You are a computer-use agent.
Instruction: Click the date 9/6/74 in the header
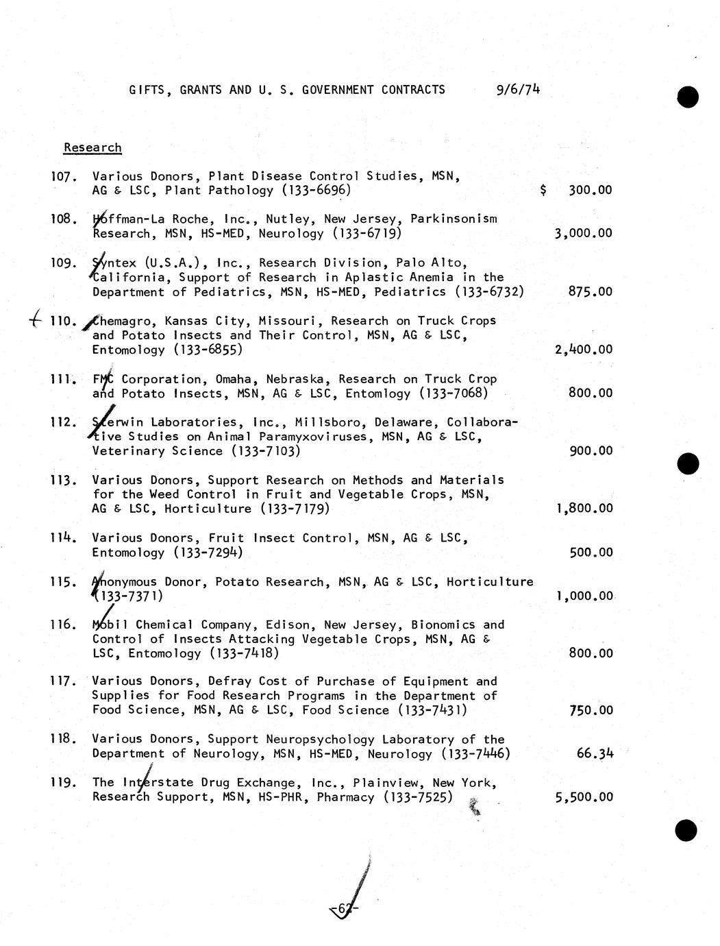click(517, 89)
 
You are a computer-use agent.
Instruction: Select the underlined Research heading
click(92, 147)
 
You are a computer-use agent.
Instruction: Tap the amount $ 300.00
click(576, 191)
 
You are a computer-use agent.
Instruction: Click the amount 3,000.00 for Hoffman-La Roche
click(583, 234)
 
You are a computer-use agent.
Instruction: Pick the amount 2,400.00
click(583, 350)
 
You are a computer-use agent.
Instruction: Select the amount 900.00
click(591, 451)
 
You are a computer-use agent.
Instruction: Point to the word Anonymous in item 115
click(124, 582)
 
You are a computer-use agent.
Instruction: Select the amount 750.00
click(591, 711)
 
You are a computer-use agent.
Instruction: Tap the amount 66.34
click(595, 754)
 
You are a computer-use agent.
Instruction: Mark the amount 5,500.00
click(584, 797)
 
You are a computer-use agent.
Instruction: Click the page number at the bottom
click(344, 910)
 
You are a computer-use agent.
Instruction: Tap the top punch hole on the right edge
click(687, 97)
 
